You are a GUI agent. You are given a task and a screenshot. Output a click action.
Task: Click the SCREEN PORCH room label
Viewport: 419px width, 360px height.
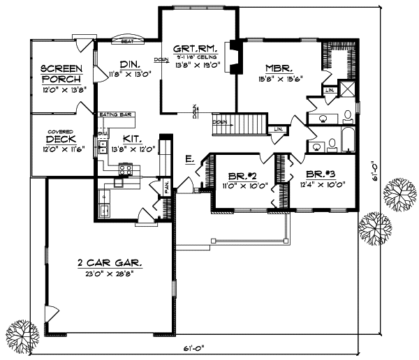coord(61,73)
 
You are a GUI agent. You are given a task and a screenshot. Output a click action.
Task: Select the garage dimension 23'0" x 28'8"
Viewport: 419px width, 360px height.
coord(109,273)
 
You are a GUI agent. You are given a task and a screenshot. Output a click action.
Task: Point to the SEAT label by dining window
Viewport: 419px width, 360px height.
coord(127,42)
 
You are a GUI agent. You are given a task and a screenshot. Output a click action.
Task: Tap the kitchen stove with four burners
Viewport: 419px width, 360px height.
coord(127,169)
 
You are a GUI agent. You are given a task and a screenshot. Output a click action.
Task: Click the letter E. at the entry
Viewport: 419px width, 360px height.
coord(190,160)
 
